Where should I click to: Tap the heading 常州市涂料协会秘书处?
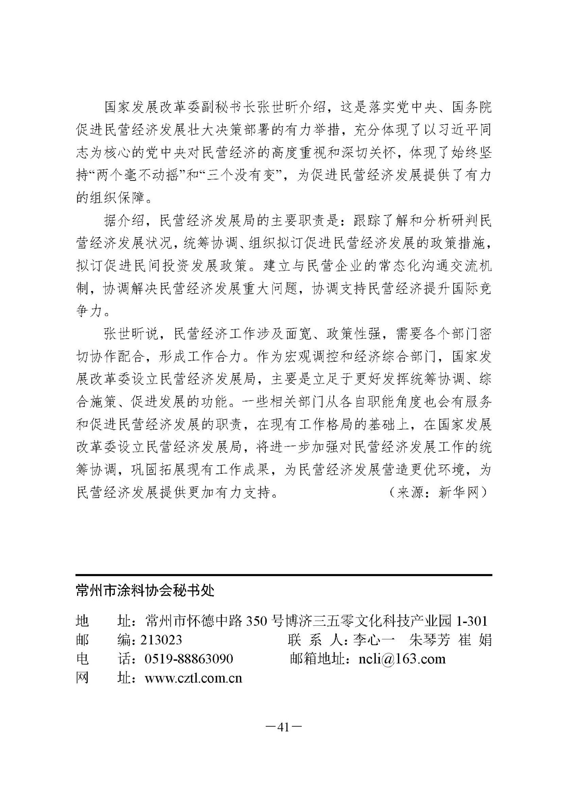[x=145, y=591]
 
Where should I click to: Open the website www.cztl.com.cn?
[x=193, y=678]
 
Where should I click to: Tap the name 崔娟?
[x=475, y=640]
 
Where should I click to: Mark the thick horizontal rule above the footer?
[x=284, y=575]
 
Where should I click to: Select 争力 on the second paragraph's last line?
[x=90, y=311]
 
